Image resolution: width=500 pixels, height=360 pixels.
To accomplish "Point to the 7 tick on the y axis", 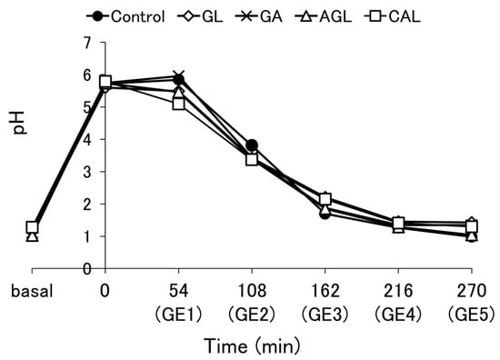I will pyautogui.click(x=23, y=44).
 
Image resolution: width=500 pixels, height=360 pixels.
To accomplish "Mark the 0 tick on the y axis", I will pyautogui.click(x=23, y=269).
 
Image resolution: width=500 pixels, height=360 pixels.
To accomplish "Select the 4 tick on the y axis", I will pyautogui.click(x=23, y=140).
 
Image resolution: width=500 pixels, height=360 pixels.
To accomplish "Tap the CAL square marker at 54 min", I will pyautogui.click(x=178, y=104).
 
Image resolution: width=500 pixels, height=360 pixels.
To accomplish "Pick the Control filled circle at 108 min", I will pyautogui.click(x=252, y=145).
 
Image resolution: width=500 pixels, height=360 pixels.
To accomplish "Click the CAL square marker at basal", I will pyautogui.click(x=33, y=227).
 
